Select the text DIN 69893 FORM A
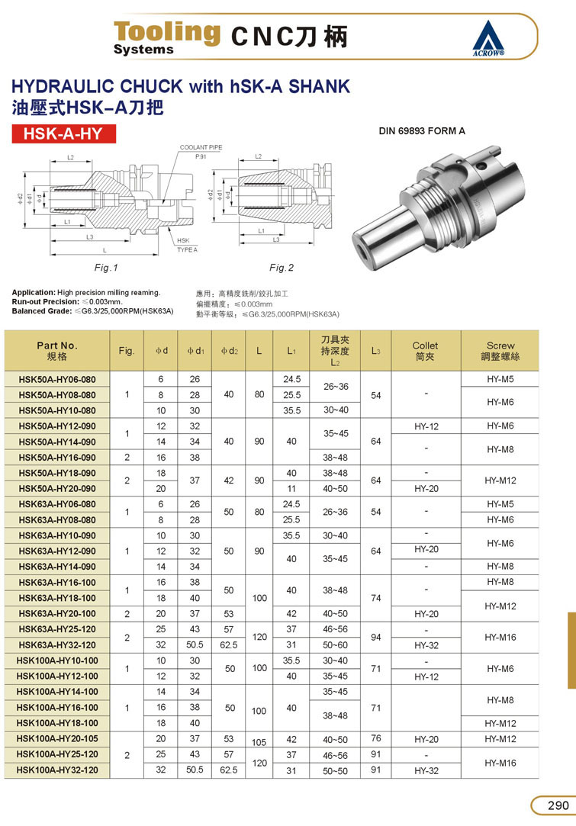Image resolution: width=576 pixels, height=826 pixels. (x=422, y=130)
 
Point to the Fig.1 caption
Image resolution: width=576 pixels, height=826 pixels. (x=107, y=268)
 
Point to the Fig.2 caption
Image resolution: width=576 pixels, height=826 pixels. (x=281, y=268)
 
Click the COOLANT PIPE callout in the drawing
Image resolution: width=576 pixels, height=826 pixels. (x=201, y=146)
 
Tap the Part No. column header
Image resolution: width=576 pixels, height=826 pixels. (x=57, y=350)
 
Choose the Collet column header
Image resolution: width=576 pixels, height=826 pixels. (x=425, y=350)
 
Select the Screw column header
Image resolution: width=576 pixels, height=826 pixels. (x=500, y=350)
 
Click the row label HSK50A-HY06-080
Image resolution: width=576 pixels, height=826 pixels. (x=57, y=379)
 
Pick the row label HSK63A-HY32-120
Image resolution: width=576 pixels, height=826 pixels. (x=57, y=644)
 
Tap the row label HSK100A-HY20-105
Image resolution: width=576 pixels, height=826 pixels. (x=57, y=739)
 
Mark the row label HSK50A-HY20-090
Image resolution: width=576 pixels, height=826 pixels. (x=57, y=488)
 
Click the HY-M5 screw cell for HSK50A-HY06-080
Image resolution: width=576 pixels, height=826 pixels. (x=500, y=379)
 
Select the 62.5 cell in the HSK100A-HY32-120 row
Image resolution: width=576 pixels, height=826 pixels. (x=229, y=770)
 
